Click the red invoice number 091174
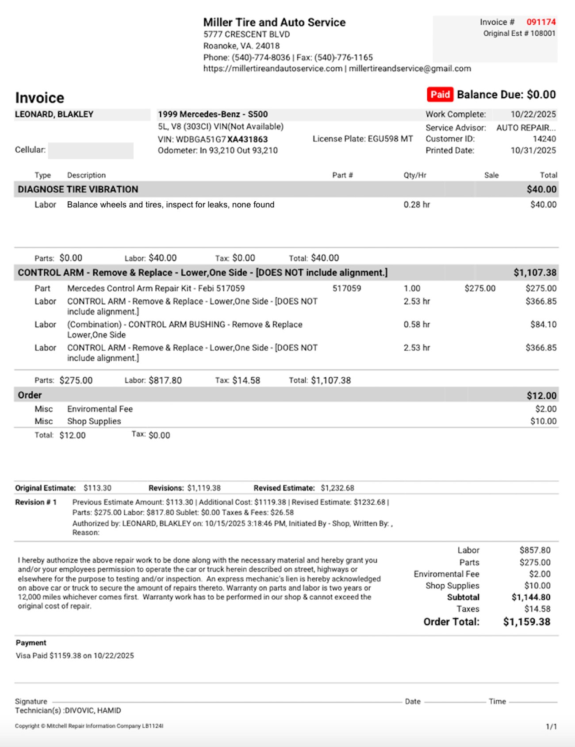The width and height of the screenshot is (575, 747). click(x=540, y=22)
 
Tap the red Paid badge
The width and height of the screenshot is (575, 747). click(x=440, y=95)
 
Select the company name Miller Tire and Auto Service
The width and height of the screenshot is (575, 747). click(x=274, y=23)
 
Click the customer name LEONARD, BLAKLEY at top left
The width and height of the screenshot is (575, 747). click(x=54, y=114)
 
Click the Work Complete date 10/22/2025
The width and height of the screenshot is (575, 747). click(x=533, y=114)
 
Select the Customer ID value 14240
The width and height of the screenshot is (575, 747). click(x=544, y=139)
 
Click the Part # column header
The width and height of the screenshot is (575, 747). click(x=342, y=175)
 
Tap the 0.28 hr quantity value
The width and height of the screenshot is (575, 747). click(x=417, y=205)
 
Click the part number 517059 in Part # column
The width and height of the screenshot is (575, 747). click(x=347, y=288)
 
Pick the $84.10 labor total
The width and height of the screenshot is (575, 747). click(x=543, y=325)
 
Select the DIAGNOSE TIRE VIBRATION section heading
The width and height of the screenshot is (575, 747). click(x=78, y=189)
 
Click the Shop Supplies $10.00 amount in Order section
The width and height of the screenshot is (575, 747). click(x=543, y=421)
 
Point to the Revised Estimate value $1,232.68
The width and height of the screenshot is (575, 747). click(x=337, y=488)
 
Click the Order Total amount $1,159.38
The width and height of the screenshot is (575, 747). click(x=526, y=622)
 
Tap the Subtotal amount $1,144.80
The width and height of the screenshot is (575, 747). click(x=531, y=598)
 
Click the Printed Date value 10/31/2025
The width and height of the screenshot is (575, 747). click(x=533, y=150)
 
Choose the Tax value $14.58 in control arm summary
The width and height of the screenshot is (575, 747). click(x=246, y=380)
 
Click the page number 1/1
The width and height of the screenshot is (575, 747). click(x=551, y=727)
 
